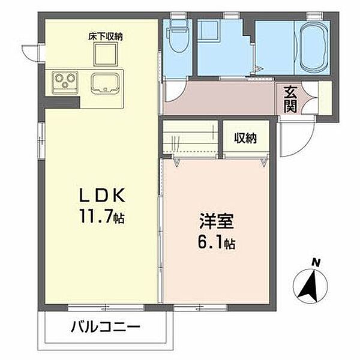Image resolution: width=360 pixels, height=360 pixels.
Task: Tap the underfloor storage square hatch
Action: click(106, 56)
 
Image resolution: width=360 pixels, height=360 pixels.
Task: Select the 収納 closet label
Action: click(245, 138)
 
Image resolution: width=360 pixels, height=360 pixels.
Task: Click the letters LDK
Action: click(101, 196)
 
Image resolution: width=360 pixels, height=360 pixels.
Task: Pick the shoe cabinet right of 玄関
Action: click(325, 99)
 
